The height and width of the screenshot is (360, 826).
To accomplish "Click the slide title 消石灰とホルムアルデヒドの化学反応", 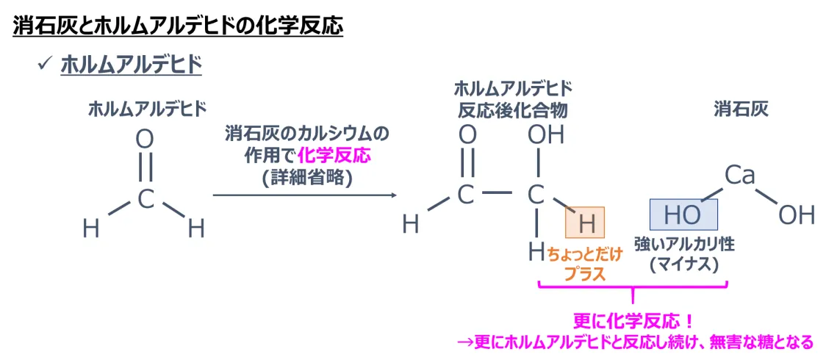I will click(x=178, y=27).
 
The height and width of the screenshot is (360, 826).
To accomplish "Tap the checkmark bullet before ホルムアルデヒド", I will click(x=43, y=65).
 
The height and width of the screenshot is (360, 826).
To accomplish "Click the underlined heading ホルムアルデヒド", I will click(x=131, y=65).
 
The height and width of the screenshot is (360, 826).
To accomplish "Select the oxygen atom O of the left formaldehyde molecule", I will click(x=146, y=139).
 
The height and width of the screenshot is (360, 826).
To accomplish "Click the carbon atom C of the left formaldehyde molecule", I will click(x=146, y=198).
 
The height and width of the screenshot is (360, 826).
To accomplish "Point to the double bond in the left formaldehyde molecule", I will click(x=146, y=168).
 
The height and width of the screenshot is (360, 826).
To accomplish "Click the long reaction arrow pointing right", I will click(x=304, y=195).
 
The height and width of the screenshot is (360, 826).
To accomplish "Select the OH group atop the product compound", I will click(x=545, y=135).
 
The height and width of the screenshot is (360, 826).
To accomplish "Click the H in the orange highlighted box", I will click(x=585, y=223).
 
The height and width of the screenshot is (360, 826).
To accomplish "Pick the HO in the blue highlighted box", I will click(x=683, y=215).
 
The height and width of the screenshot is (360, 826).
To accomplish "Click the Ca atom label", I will click(x=740, y=175).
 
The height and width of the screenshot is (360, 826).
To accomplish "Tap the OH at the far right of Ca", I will click(x=797, y=215).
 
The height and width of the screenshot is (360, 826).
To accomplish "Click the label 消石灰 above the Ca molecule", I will click(x=741, y=109).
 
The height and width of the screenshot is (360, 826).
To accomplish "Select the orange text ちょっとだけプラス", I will click(x=584, y=264).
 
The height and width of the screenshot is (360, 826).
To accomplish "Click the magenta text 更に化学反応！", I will click(x=633, y=322).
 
